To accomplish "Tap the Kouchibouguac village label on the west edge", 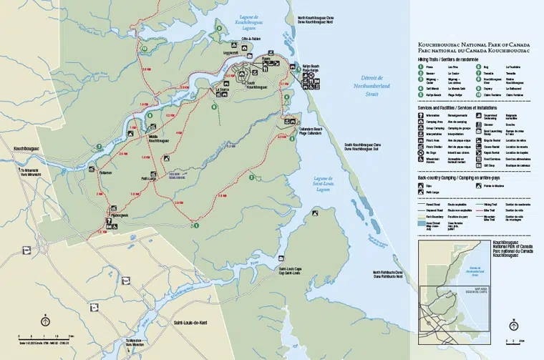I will coord(26,149).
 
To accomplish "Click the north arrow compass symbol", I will coord(44,321).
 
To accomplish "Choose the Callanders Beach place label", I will coord(307,130).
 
